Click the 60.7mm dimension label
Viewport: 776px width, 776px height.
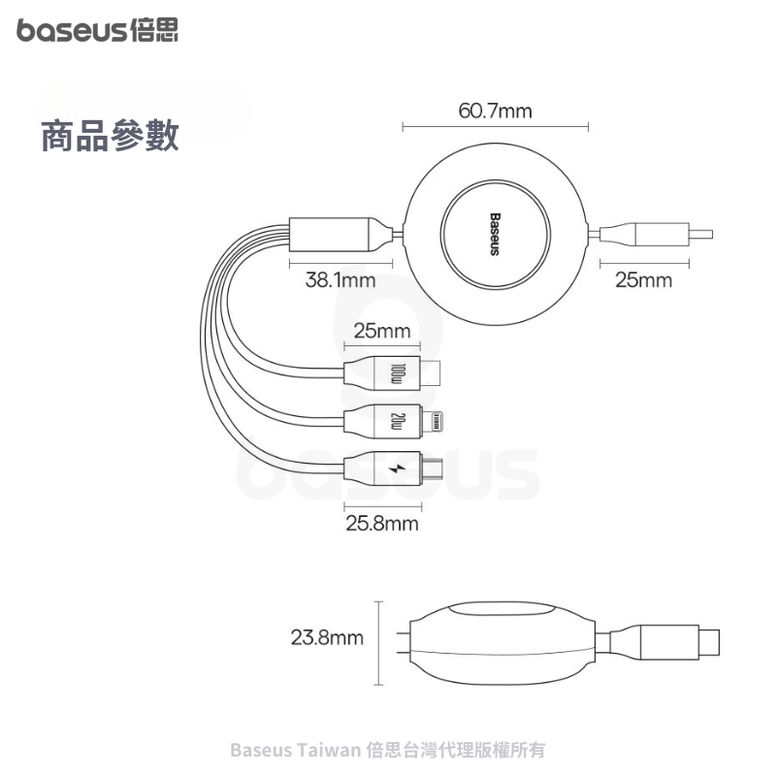[x=495, y=111]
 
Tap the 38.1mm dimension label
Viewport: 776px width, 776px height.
[x=340, y=281]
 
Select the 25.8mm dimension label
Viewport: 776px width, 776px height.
[x=382, y=524]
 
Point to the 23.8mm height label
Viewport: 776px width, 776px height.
[x=327, y=638]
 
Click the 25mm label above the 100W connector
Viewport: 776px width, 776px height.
[x=381, y=332]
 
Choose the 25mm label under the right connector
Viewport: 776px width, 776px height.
[x=643, y=281]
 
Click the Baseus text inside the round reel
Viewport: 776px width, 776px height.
[x=494, y=234]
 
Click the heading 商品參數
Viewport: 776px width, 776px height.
[x=110, y=137]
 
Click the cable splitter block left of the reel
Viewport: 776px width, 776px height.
[x=332, y=234]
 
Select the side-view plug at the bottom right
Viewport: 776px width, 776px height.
[x=679, y=639]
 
